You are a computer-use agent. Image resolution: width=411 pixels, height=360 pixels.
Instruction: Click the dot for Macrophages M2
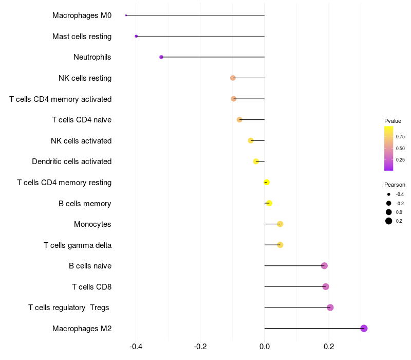pos(364,328)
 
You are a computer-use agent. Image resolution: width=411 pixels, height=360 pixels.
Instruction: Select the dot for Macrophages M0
pos(126,15)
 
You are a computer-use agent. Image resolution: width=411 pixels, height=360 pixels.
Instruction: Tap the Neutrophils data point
pos(161,57)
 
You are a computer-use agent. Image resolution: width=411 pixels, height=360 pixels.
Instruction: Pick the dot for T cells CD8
pos(326,286)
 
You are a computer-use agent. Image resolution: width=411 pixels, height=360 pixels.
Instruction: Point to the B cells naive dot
pos(324,266)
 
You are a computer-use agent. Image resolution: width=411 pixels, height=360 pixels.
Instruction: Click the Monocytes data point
pos(280,224)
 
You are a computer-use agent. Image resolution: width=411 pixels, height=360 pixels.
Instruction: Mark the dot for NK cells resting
pos(233,78)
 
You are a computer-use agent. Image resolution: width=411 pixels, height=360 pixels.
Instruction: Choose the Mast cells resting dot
pos(136,36)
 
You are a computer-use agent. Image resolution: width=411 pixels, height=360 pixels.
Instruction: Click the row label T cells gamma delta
pos(78,245)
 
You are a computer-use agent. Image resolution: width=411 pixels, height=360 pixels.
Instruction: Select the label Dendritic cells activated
pos(71,161)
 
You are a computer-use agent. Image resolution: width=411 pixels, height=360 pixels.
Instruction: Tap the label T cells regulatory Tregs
pos(69,308)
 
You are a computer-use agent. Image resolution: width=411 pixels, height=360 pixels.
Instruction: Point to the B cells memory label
pos(85,204)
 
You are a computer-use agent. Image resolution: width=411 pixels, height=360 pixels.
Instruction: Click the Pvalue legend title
pos(393,121)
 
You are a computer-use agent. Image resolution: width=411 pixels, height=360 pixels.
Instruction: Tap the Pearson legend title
pos(395,185)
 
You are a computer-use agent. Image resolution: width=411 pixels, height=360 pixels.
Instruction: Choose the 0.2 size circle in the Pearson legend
pos(389,221)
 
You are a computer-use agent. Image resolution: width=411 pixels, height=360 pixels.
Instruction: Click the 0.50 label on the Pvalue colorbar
pos(400,148)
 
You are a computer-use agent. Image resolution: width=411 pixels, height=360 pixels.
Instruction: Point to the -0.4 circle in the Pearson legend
pos(389,194)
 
